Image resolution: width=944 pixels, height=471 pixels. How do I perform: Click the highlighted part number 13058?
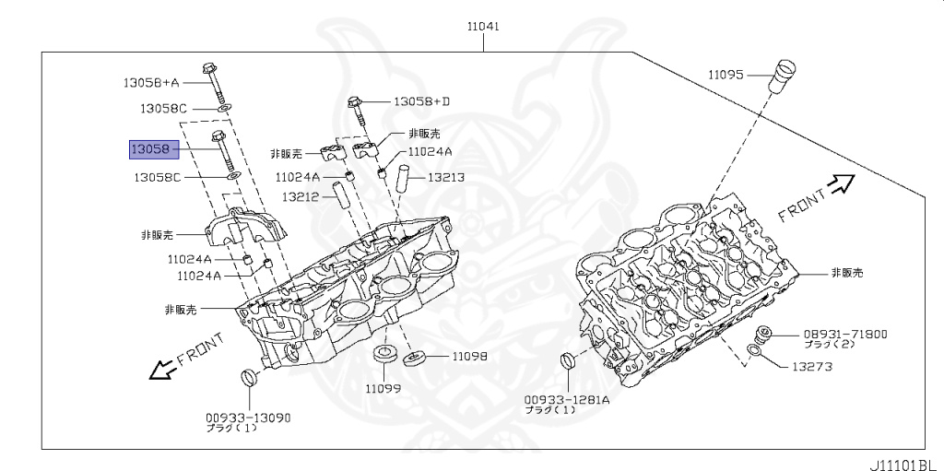pyautogui.click(x=148, y=147)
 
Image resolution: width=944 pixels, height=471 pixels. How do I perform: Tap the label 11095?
pyautogui.click(x=726, y=75)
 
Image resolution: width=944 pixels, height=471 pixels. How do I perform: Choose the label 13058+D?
pyautogui.click(x=421, y=100)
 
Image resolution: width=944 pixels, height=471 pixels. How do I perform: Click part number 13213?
pyautogui.click(x=444, y=178)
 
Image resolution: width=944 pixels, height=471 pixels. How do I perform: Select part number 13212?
pyautogui.click(x=301, y=196)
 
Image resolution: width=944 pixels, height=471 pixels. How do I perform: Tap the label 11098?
pyautogui.click(x=469, y=356)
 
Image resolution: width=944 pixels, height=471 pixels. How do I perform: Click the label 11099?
pyautogui.click(x=382, y=388)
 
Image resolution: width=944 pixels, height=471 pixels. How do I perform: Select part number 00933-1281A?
pyautogui.click(x=567, y=400)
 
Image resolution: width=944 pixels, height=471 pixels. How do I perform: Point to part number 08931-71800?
pyautogui.click(x=844, y=334)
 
